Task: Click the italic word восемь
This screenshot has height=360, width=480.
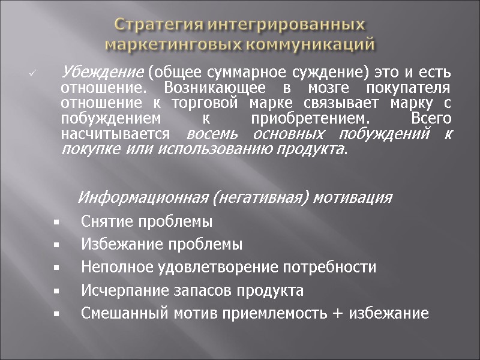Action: tap(211, 134)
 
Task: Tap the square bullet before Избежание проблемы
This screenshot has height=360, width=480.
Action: tap(55, 245)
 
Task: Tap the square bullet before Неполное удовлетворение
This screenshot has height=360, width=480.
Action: tap(55, 268)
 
